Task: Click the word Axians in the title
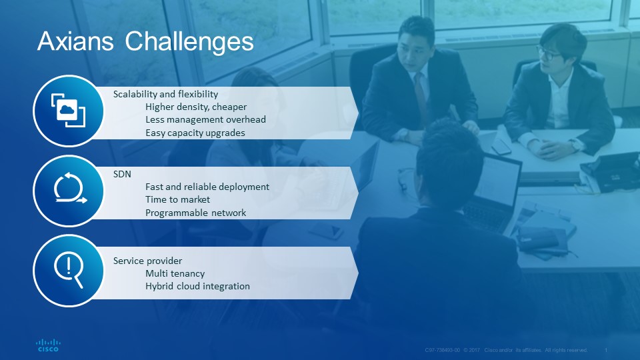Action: click(x=75, y=41)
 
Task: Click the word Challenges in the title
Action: click(x=189, y=42)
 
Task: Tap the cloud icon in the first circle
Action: click(x=68, y=111)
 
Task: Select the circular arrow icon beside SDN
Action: click(x=70, y=188)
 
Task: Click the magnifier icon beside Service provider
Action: click(x=69, y=269)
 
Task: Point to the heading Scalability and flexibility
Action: click(x=166, y=94)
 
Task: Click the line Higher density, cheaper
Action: click(x=196, y=107)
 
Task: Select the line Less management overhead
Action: click(x=205, y=119)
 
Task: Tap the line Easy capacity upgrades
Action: click(x=195, y=133)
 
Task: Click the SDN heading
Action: click(x=122, y=174)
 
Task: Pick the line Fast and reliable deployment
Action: click(x=207, y=187)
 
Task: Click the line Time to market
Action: click(x=177, y=199)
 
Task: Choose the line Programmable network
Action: click(x=195, y=213)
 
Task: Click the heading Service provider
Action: click(x=148, y=261)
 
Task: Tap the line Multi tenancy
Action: click(x=175, y=273)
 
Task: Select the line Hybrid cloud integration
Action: click(x=197, y=286)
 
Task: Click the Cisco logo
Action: click(x=48, y=345)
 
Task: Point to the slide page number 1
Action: click(x=606, y=350)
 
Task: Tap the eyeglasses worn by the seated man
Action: click(x=548, y=53)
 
